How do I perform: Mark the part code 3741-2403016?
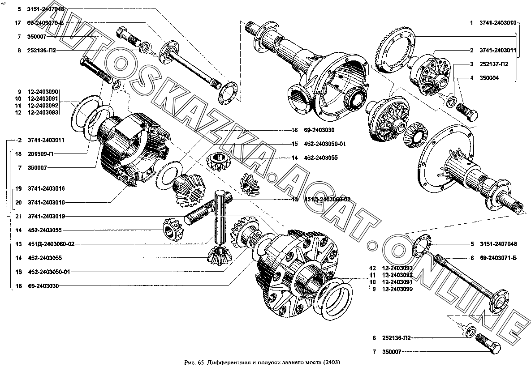(46, 188)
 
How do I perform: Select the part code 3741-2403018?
(46, 202)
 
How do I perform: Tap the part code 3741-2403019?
(46, 216)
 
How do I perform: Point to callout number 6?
(472, 257)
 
